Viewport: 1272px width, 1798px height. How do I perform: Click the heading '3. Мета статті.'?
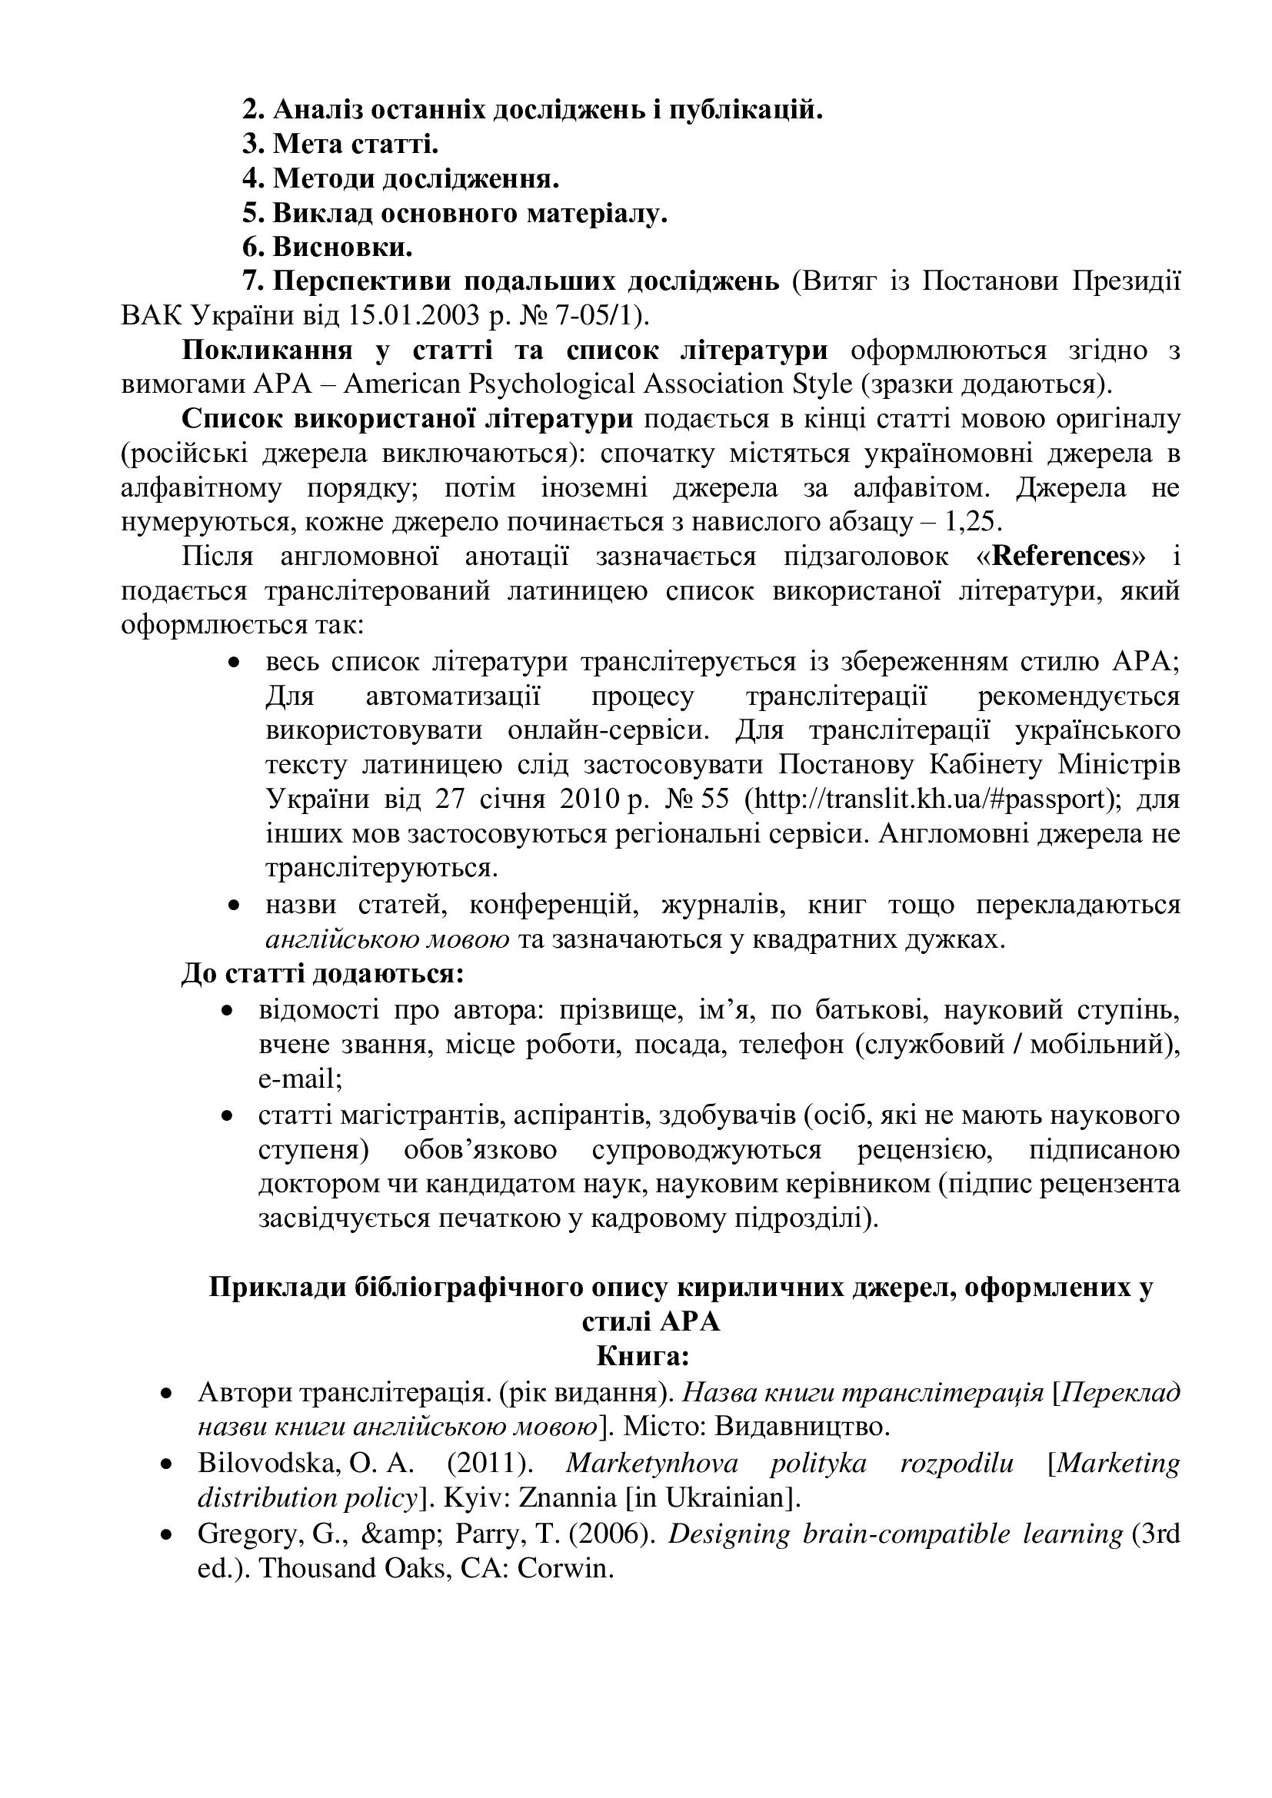[340, 145]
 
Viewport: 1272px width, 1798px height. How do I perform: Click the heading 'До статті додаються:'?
[323, 974]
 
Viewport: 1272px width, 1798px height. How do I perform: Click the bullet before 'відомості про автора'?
[228, 1012]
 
